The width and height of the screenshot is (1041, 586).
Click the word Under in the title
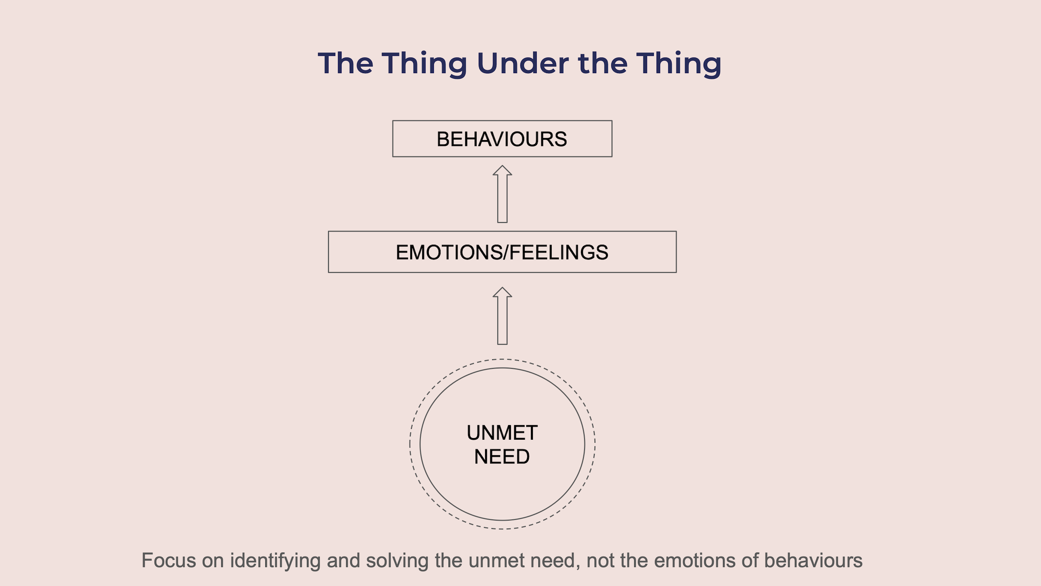[x=523, y=63]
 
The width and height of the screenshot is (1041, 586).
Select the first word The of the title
[x=345, y=63]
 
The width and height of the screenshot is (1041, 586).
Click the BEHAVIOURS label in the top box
[x=502, y=139]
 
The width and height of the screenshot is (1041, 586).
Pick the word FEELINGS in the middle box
[x=559, y=253]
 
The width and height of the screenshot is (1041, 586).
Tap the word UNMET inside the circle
[x=502, y=433]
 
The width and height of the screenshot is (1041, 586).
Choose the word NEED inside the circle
[x=502, y=457]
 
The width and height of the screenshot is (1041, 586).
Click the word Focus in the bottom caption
[x=169, y=561]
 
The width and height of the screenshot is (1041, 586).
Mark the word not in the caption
[x=600, y=561]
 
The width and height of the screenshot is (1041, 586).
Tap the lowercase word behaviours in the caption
[x=813, y=561]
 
